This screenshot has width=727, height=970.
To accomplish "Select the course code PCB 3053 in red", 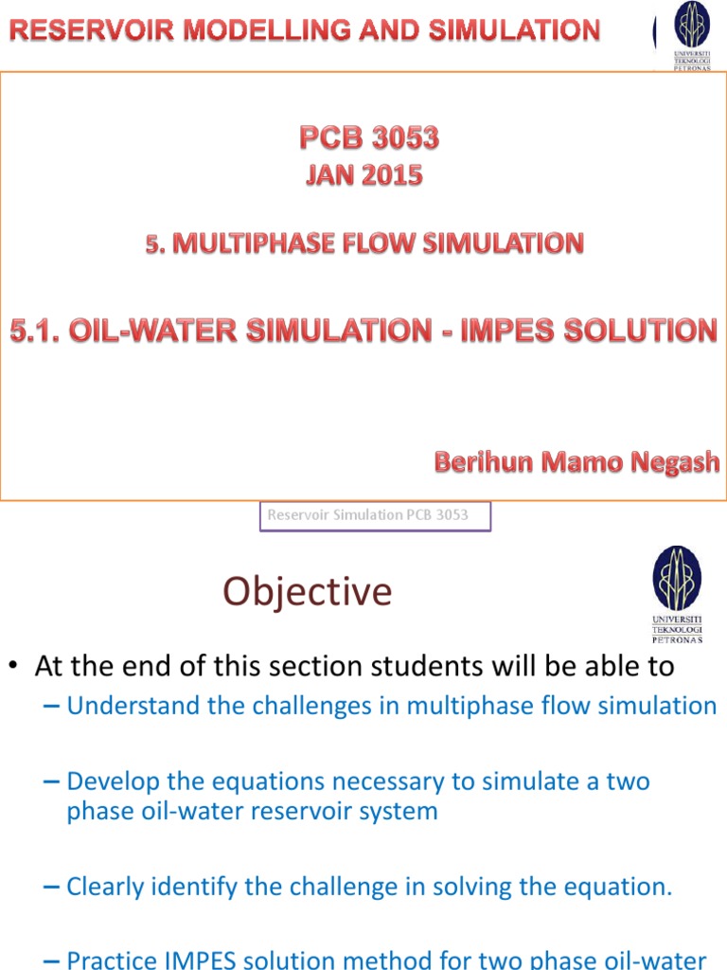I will [369, 139].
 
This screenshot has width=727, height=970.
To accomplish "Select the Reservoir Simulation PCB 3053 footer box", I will [375, 516].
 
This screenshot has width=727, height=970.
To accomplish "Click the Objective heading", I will [307, 592].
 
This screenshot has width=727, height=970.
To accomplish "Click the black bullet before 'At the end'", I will [15, 667].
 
